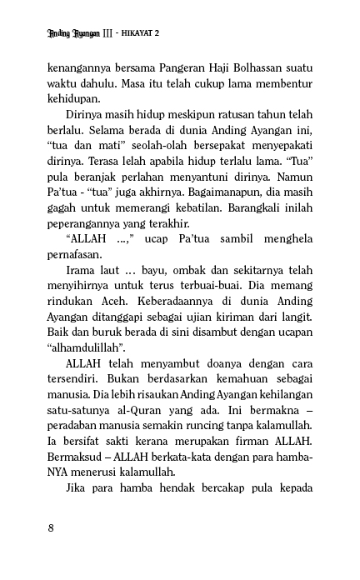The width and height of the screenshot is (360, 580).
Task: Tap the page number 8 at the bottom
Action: pos(52,527)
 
